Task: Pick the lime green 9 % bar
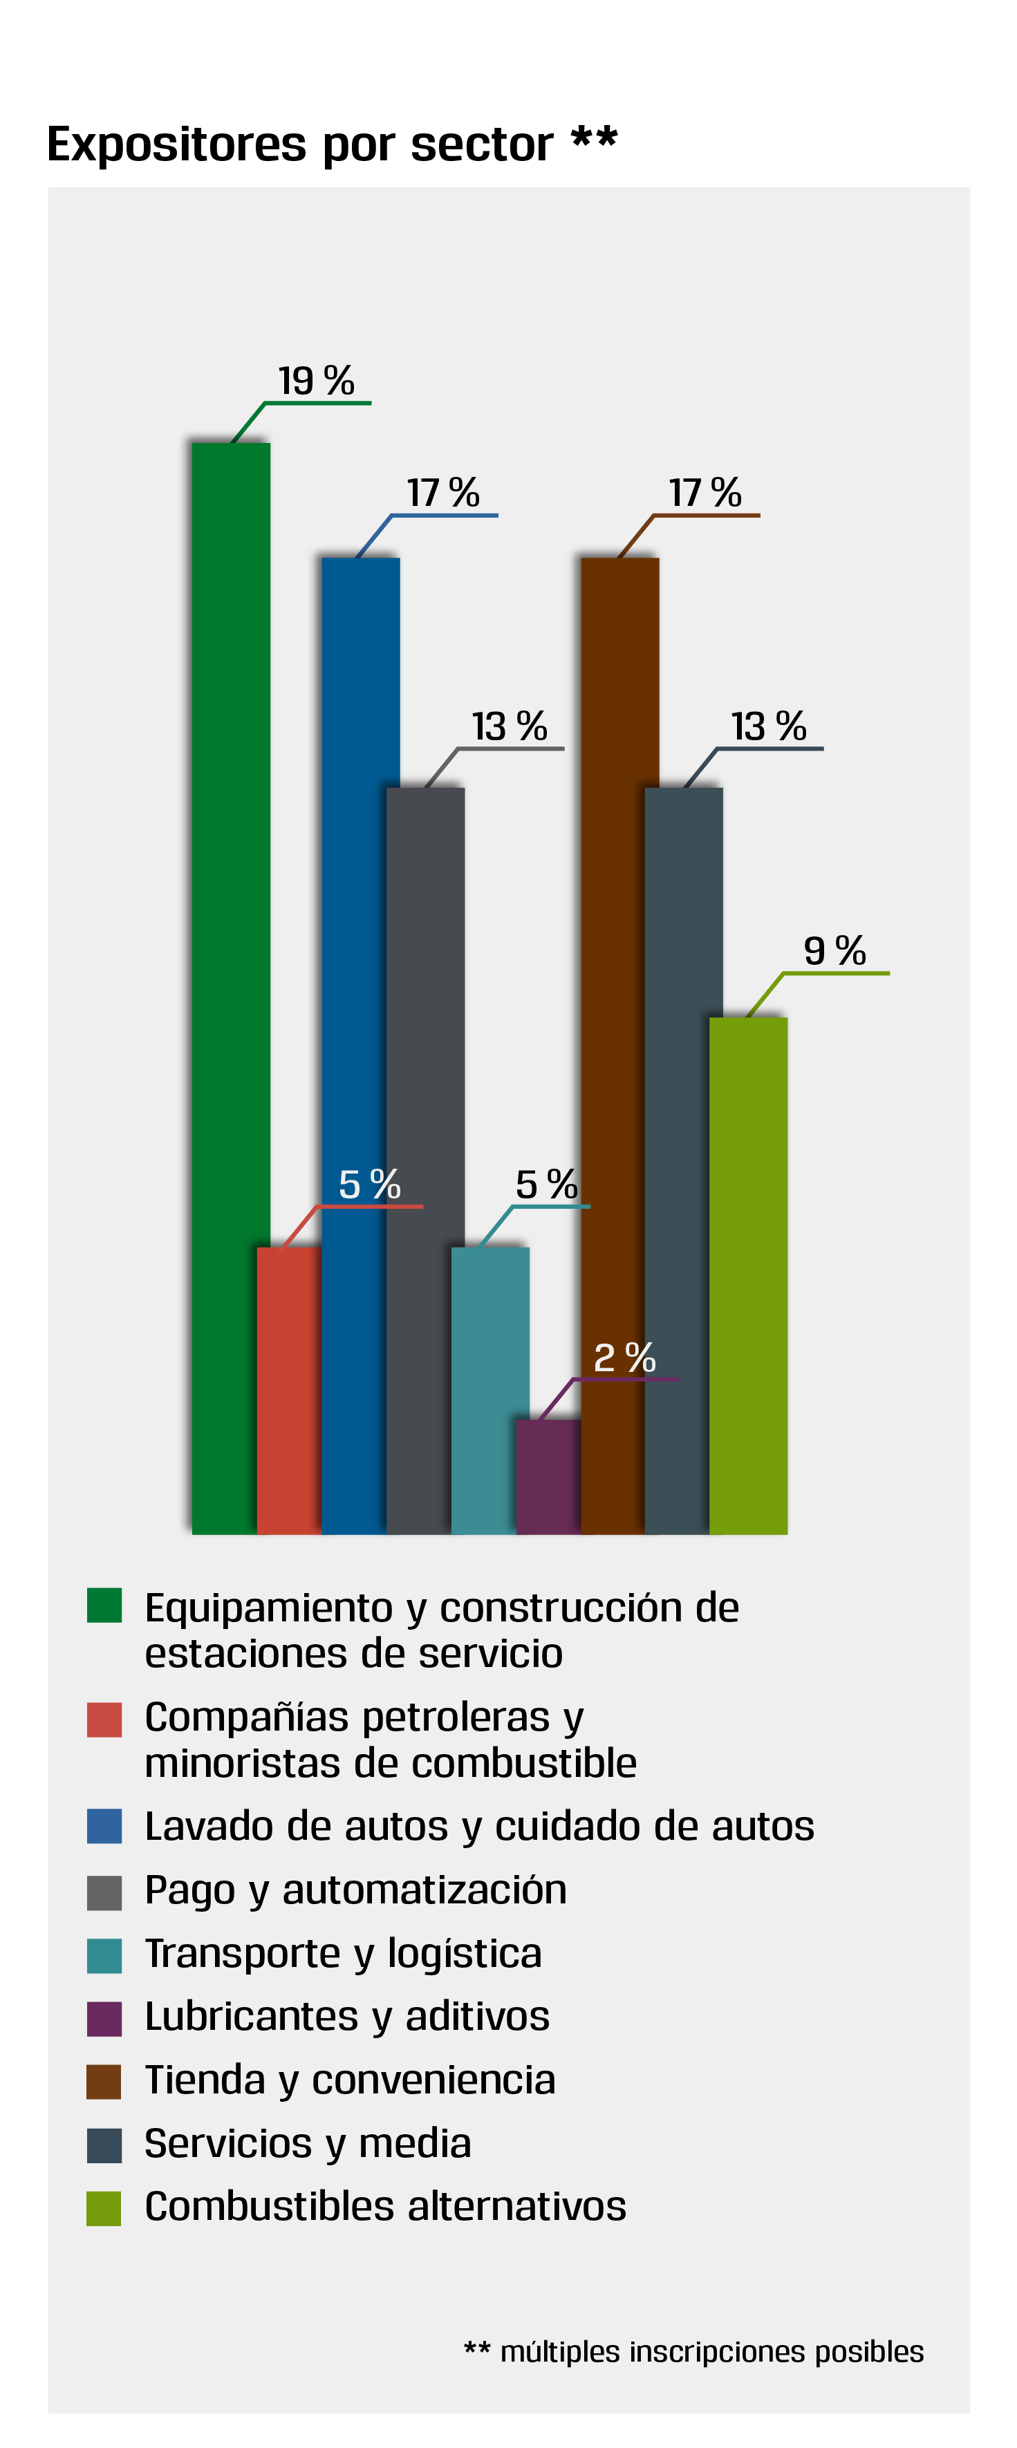pos(749,1273)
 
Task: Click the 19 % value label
pos(315,381)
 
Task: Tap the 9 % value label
pos(834,950)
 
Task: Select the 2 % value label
pos(624,1357)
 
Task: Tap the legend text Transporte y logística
pos(343,1954)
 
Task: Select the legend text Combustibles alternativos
pos(385,2207)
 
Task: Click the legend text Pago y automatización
pos(355,1890)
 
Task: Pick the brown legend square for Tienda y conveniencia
pos(104,2081)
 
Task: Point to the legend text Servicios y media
pos(308,2143)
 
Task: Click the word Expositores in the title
pos(177,144)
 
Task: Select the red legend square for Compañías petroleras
pos(104,1719)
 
